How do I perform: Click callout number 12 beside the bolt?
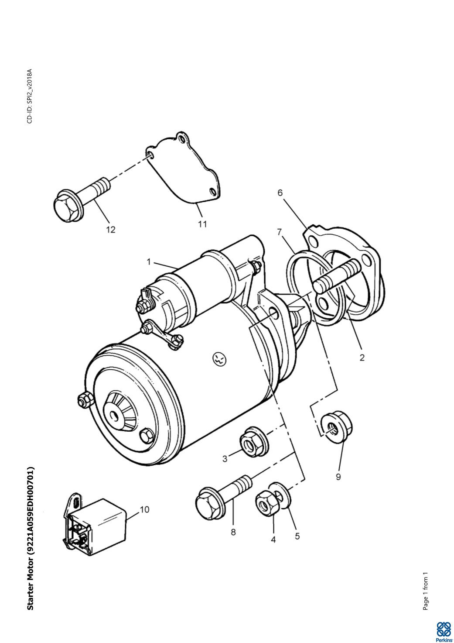point(111,230)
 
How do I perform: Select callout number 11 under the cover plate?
point(202,224)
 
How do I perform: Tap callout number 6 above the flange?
point(280,193)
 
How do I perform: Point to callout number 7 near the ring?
point(280,232)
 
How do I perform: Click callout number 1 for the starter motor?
point(149,262)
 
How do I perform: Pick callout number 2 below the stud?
point(362,358)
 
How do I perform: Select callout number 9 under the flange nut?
point(338,477)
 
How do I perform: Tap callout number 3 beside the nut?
point(225,459)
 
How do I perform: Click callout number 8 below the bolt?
point(233,532)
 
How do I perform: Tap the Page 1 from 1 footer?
point(426,591)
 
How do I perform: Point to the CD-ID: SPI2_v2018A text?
point(30,96)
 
